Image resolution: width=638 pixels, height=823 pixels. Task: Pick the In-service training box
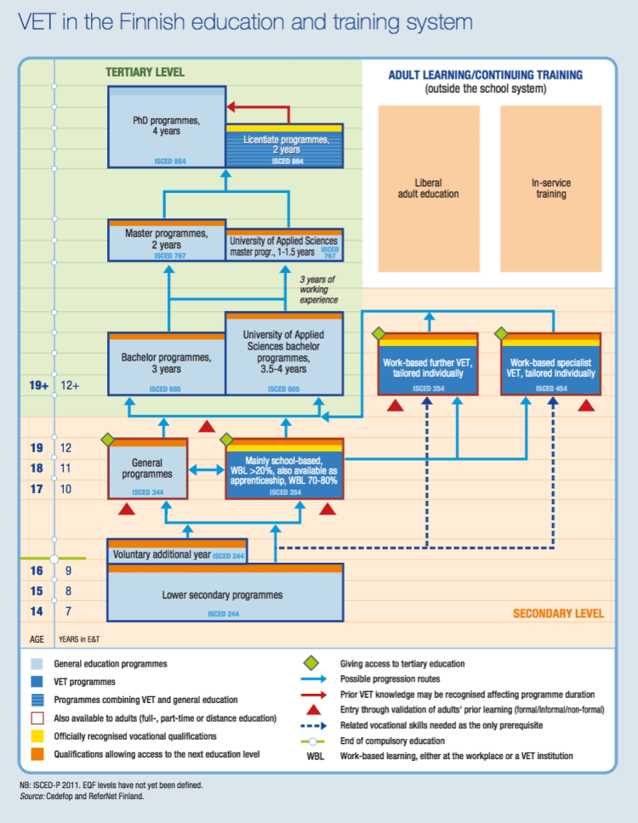click(550, 188)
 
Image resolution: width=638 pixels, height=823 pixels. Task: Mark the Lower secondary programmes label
click(222, 594)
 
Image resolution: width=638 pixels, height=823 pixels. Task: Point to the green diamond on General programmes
click(107, 440)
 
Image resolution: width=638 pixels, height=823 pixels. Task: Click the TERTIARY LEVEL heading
click(145, 73)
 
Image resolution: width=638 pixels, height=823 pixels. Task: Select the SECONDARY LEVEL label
click(557, 613)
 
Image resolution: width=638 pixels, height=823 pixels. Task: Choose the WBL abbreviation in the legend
click(315, 756)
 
